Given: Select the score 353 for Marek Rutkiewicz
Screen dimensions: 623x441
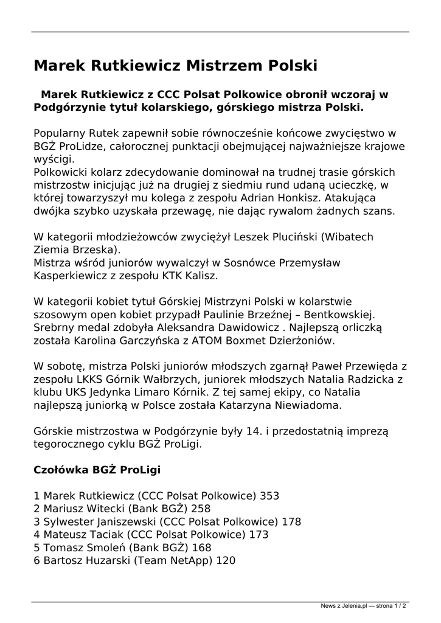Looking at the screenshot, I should coord(269,496).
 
